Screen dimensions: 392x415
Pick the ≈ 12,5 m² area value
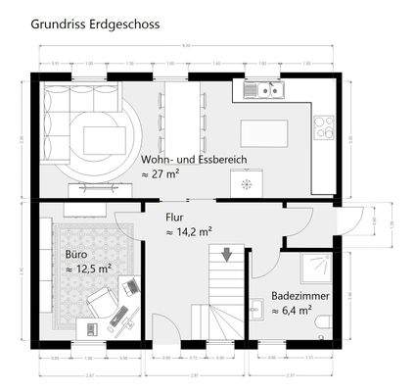88,268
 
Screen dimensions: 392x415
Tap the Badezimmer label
300,295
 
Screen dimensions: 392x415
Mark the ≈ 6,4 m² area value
292,311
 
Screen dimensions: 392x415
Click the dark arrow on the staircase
226,255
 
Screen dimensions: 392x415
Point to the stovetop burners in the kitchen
324,124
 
